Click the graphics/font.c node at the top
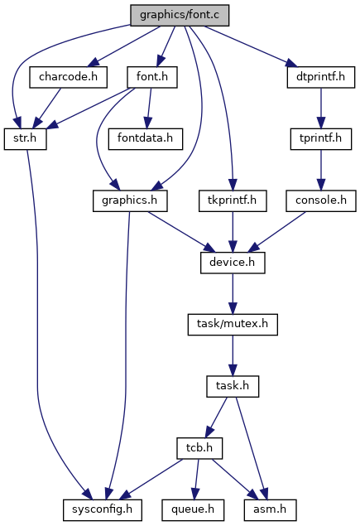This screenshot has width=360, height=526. coord(180,16)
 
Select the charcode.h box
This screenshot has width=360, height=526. coord(69,77)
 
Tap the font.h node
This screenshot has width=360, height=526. coord(152,77)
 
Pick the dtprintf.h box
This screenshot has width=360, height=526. coord(321,77)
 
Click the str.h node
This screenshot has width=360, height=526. coord(25,139)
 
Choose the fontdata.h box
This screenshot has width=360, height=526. coord(146,139)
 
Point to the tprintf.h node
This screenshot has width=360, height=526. coord(321,139)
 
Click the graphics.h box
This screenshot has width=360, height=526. coord(130,201)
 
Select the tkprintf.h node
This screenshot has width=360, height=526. coord(233,201)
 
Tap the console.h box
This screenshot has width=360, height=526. coord(321,201)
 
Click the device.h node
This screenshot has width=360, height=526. coord(233,263)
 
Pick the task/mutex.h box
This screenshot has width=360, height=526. coord(233,325)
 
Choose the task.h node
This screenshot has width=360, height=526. coord(233,387)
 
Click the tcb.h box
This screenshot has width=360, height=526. coord(199,448)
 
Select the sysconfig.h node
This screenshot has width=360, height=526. coord(103,510)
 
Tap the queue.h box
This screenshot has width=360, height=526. coord(193,510)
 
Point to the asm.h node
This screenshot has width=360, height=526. coord(270,510)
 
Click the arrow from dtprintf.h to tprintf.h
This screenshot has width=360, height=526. coord(321,108)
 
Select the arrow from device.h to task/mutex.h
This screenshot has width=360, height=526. coord(233,293)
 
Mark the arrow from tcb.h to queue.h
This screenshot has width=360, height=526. coord(196,479)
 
